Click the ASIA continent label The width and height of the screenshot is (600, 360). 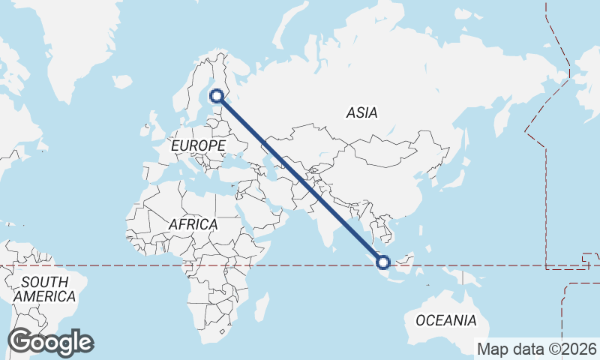coord(361,113)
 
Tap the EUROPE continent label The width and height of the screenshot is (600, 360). coord(198,145)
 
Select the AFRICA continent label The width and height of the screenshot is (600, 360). coord(193,224)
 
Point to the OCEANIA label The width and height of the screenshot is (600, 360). coord(445,320)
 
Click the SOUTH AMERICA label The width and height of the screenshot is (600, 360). coord(45,289)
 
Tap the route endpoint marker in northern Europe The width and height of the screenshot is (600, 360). coord(217,95)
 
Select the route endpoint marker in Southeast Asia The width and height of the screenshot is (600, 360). coord(383,262)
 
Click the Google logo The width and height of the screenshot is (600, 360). coord(50,342)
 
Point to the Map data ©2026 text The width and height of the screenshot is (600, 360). coord(536,349)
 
